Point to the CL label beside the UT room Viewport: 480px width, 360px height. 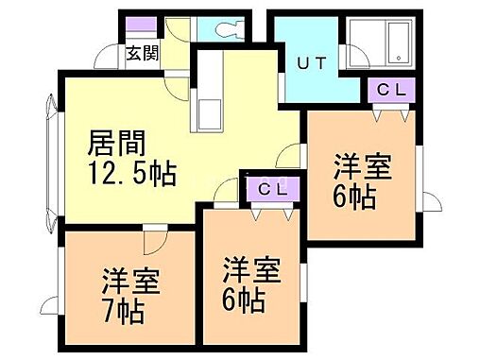pos(390,91)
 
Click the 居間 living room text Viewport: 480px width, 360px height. pos(116,144)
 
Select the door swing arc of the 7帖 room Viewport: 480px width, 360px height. pos(151,238)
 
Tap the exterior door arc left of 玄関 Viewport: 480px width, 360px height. pos(106,59)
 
